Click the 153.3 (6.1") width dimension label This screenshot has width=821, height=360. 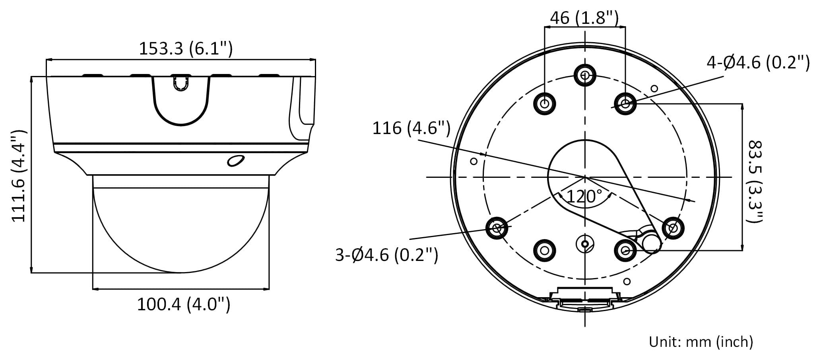[x=185, y=49]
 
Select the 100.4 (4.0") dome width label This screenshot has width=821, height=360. [x=184, y=305]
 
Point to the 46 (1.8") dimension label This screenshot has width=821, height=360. [x=584, y=18]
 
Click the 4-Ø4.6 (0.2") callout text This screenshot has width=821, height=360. [x=758, y=63]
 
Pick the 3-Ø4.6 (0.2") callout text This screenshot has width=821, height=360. [x=386, y=255]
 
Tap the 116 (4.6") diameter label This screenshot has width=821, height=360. [x=411, y=128]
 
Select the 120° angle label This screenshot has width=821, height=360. [x=584, y=197]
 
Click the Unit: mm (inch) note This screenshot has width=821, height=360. [x=701, y=342]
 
